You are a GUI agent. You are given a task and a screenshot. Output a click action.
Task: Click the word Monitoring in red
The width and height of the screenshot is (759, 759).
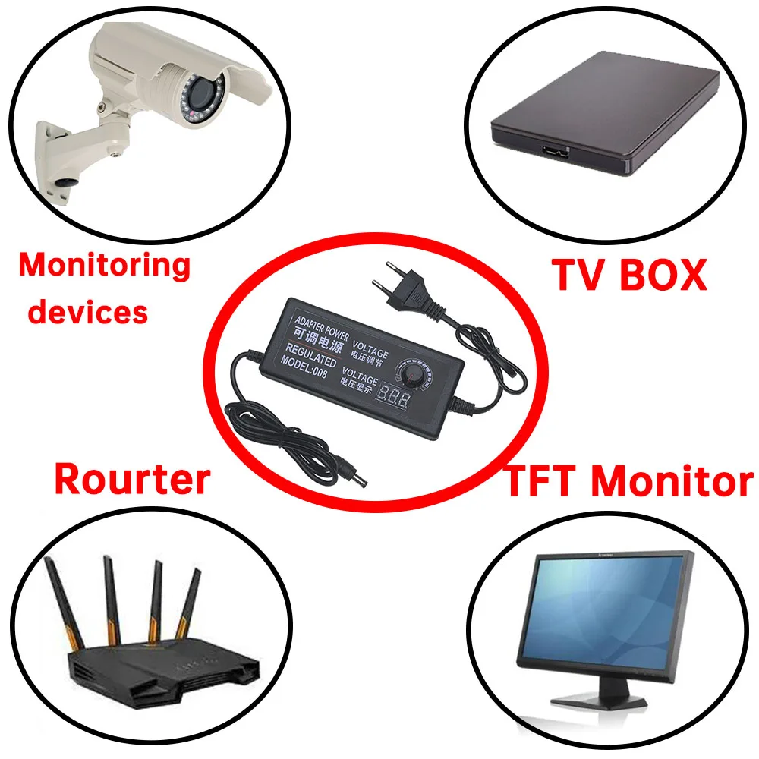pyautogui.click(x=105, y=266)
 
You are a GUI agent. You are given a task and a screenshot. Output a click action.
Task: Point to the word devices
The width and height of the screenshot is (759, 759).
pyautogui.click(x=88, y=311)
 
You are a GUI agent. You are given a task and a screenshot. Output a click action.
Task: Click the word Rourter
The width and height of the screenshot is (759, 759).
pyautogui.click(x=132, y=480)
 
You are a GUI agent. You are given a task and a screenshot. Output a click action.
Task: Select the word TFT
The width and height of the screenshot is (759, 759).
pyautogui.click(x=543, y=481)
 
